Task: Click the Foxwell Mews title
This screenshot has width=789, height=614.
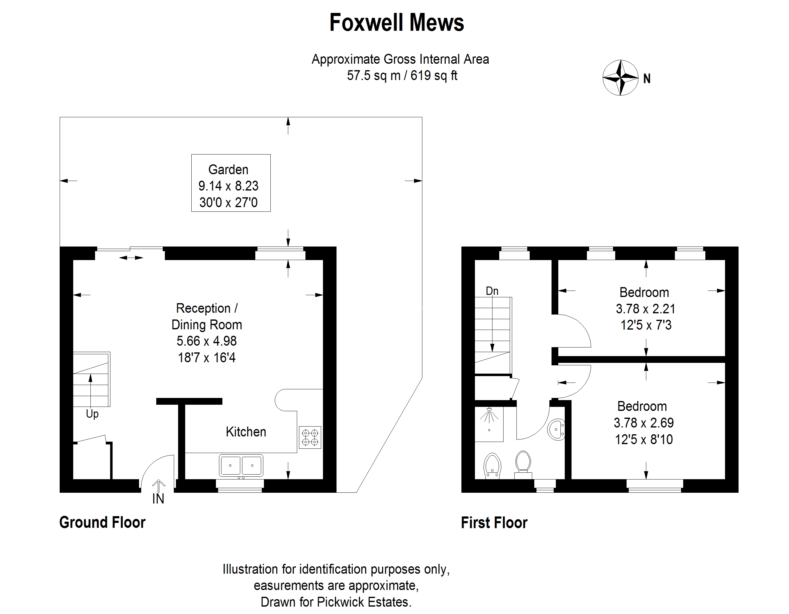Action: point(397,22)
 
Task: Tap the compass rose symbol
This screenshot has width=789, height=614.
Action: point(620,78)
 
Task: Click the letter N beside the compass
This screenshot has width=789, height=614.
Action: point(647,79)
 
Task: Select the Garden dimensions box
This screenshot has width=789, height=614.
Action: point(231,183)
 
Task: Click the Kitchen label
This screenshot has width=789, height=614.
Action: point(246,432)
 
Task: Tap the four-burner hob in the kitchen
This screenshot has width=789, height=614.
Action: point(310,437)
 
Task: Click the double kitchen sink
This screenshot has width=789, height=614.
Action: point(241,465)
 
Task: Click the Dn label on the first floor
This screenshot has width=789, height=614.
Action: point(492,291)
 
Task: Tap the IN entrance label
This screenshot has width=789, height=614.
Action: point(158,499)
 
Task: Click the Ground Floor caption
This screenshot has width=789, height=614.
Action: point(102,523)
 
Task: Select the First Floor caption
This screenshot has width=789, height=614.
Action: point(494,523)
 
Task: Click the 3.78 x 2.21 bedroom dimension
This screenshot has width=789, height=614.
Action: point(646,309)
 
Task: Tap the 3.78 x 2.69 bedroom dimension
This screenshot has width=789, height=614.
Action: point(644,423)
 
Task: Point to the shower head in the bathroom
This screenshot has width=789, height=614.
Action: point(489,415)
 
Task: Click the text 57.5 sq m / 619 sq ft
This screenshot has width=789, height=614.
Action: point(402,75)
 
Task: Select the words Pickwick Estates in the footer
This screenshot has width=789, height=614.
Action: point(364,602)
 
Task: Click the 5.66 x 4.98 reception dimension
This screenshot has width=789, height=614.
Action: point(207,341)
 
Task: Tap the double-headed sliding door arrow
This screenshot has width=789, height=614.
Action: point(131,258)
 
